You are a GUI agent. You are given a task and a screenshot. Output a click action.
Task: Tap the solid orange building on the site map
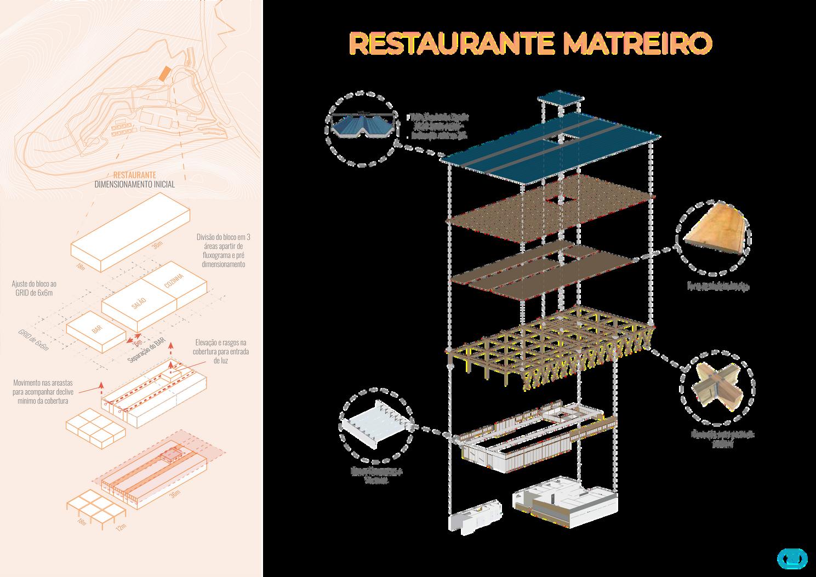(163, 74)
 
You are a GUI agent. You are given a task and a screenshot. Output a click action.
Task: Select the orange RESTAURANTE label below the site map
(135, 175)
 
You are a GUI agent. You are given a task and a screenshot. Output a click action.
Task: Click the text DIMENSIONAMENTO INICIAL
(135, 185)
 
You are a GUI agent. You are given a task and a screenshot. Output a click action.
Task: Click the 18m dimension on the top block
(81, 266)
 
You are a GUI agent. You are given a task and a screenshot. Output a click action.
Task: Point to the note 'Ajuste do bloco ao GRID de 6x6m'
(34, 288)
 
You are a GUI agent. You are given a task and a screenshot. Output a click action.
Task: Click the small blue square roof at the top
(559, 100)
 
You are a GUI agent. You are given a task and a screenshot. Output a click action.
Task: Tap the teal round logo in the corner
(792, 559)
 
